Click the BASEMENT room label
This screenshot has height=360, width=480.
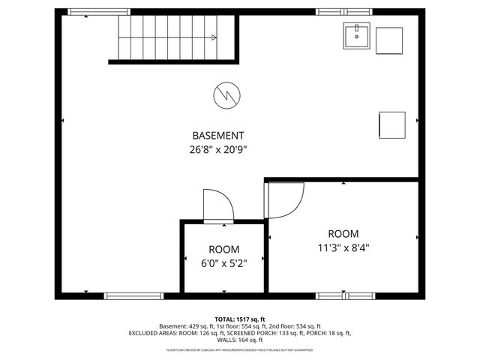217,136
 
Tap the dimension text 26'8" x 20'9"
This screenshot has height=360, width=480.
217,149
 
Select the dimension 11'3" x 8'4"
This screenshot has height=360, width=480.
343,247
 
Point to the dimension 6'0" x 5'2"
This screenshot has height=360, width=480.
223,263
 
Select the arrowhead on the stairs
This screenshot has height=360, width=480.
214,37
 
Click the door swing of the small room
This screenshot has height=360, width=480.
218,205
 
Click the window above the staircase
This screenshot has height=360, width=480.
98,12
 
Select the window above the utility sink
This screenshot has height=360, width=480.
335,12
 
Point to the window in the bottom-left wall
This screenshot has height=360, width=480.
133,295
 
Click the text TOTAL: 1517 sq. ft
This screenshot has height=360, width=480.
240,319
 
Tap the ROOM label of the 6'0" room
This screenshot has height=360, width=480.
223,250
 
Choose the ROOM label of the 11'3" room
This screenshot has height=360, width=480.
343,233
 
